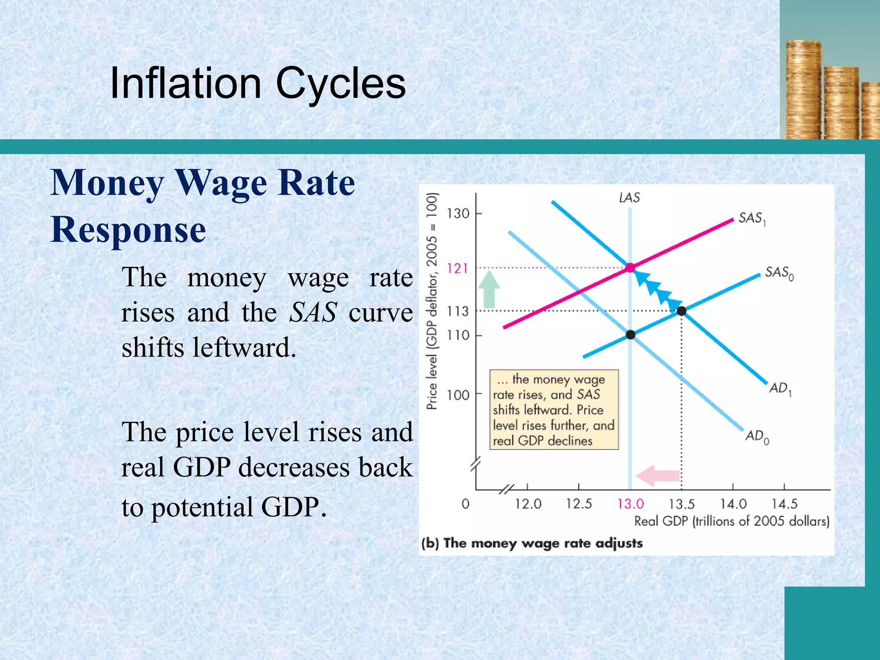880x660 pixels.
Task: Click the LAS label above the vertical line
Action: click(629, 198)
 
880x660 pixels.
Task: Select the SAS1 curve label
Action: click(752, 218)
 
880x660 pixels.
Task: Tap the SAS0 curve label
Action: click(779, 272)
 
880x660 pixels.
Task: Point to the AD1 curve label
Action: click(780, 388)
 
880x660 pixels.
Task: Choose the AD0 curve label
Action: click(757, 437)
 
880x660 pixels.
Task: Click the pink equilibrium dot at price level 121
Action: click(630, 268)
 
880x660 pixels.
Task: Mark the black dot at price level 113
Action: click(681, 311)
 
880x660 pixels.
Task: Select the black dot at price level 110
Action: click(630, 335)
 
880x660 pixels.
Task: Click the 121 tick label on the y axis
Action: click(457, 269)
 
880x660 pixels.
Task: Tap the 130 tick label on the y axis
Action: click(458, 214)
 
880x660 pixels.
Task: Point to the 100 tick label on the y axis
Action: click(458, 395)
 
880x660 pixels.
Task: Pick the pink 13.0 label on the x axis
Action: click(630, 504)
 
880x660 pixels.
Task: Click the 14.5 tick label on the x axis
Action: click(784, 504)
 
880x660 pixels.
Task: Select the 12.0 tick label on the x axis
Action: click(528, 504)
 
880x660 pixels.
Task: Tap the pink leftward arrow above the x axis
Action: click(657, 476)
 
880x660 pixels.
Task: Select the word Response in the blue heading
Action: click(128, 230)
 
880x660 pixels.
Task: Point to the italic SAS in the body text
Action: click(312, 312)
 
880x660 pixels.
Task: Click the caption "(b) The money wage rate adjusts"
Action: click(532, 543)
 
